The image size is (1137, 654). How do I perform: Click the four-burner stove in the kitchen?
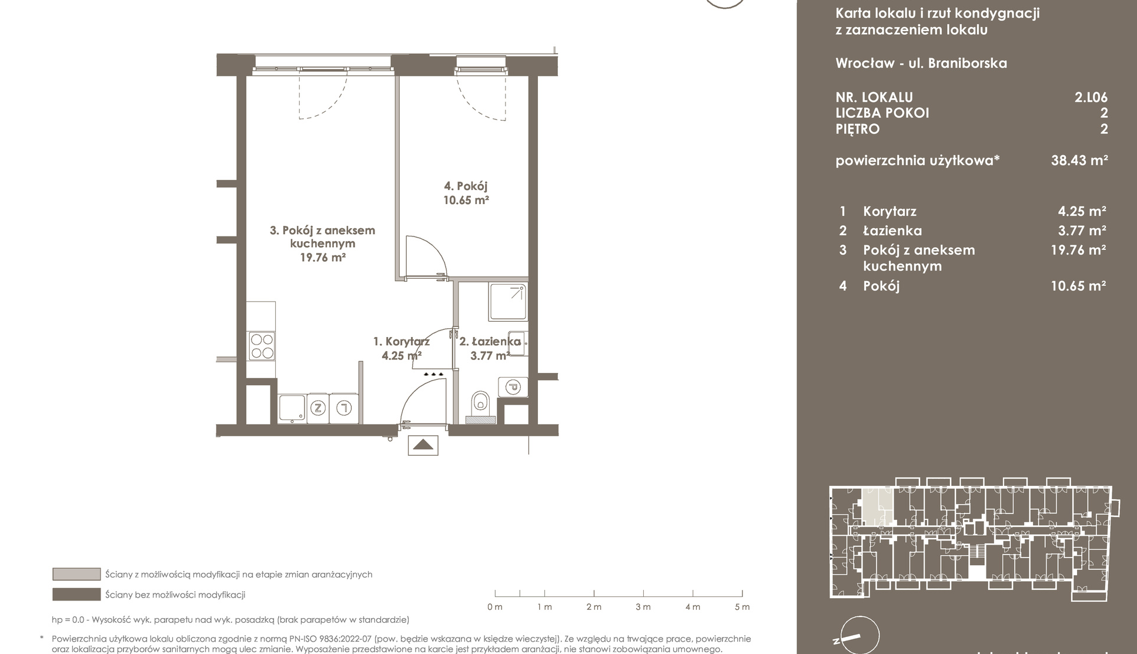[262, 346]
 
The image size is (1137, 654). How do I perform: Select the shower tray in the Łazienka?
[509, 302]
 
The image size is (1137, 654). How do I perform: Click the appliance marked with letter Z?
[318, 408]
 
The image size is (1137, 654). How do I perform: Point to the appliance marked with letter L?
[344, 408]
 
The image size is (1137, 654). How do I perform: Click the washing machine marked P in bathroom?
[513, 387]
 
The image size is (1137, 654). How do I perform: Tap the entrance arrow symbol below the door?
[423, 445]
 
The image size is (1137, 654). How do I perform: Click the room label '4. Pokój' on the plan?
[466, 186]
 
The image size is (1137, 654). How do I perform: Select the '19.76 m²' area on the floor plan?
[323, 257]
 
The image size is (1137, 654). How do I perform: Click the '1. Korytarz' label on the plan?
[402, 341]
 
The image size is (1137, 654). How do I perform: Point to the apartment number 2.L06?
[1091, 97]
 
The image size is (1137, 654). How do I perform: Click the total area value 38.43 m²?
[1079, 160]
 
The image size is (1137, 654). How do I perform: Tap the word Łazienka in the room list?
[892, 231]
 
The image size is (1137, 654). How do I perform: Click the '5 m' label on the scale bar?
[742, 607]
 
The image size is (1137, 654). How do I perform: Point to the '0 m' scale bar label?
[495, 607]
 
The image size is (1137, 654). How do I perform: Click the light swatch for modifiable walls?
[76, 574]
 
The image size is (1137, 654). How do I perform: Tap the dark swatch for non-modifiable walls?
[76, 595]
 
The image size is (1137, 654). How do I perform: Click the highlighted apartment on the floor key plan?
[877, 506]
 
